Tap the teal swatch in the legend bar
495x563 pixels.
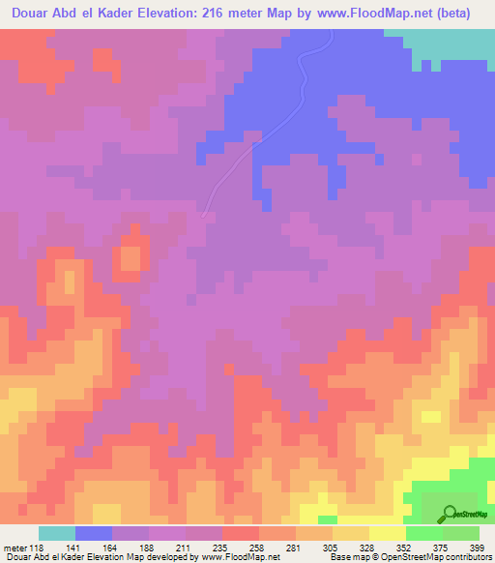coord(57,533)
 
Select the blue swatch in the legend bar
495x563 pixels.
coord(94,533)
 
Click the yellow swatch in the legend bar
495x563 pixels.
coord(388,533)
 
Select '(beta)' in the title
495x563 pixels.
coord(468,13)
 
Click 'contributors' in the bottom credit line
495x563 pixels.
coord(465,558)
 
